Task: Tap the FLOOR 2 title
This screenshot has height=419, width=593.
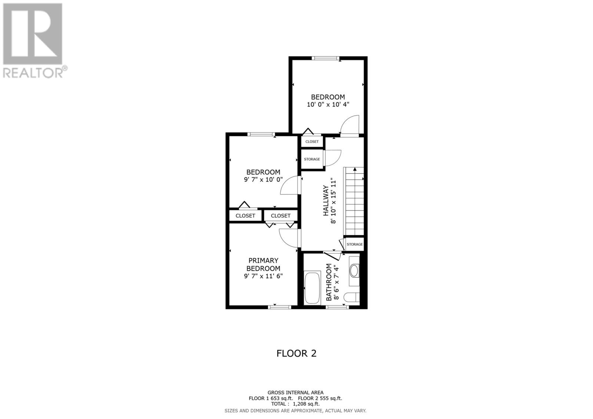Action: [x=296, y=353]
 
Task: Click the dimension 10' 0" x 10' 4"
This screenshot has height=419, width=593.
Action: [x=328, y=105]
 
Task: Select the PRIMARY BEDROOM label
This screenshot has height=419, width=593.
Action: [x=263, y=265]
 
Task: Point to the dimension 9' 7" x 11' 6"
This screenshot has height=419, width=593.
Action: [x=263, y=276]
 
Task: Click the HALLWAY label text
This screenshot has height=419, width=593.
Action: [x=326, y=200]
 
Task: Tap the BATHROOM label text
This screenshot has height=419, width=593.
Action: [x=329, y=282]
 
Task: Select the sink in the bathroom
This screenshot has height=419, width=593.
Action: [x=354, y=271]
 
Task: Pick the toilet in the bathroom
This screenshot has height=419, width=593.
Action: [x=351, y=297]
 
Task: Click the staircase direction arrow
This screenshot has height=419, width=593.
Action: [x=355, y=170]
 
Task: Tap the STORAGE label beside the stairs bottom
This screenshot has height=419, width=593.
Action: [x=355, y=245]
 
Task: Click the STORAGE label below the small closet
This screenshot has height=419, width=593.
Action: [x=312, y=159]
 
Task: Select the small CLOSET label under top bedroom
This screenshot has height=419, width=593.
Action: [x=312, y=142]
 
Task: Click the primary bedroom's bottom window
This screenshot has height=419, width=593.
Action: [x=279, y=307]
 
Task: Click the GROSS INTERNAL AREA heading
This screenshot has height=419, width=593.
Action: [x=295, y=393]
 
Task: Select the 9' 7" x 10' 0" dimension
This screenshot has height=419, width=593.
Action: [x=263, y=180]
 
